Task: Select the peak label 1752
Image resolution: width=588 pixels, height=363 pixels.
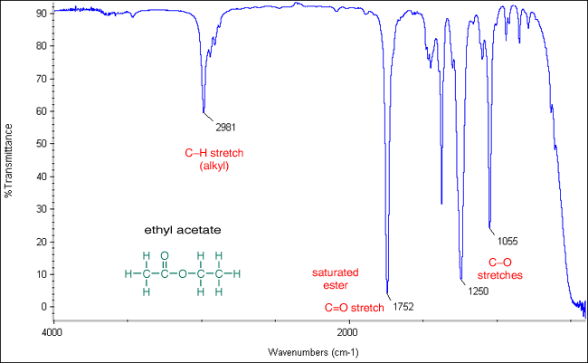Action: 403,307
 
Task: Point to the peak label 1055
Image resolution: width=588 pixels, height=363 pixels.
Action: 508,241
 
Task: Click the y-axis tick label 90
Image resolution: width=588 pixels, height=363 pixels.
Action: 40,14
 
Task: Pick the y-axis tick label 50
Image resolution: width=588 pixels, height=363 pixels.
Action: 40,144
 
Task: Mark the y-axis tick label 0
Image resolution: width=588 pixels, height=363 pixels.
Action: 43,307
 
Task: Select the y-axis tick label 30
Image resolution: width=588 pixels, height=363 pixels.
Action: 40,209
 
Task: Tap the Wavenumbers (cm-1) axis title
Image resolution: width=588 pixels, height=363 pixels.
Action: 314,351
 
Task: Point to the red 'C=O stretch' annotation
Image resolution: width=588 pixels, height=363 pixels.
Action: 355,308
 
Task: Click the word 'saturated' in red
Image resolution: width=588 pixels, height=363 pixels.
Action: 336,272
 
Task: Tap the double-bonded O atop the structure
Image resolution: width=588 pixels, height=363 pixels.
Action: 165,255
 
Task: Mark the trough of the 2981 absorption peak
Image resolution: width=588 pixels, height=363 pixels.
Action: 204,111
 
